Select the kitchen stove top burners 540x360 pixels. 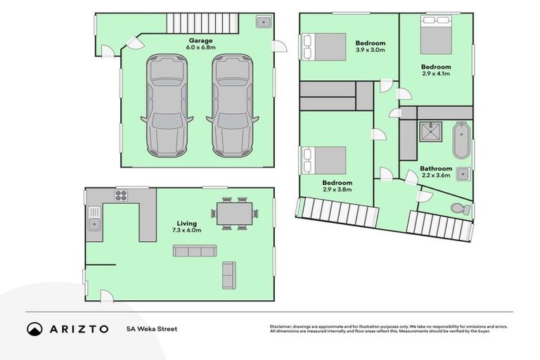(122, 195)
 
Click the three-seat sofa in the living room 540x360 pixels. (195, 251)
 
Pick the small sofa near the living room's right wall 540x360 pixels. (229, 275)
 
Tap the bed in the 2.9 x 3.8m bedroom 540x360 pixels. (324, 160)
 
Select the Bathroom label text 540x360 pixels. (436, 169)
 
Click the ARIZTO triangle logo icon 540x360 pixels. (35, 329)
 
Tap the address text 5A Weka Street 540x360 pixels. (152, 329)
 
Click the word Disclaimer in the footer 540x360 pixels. (282, 327)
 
